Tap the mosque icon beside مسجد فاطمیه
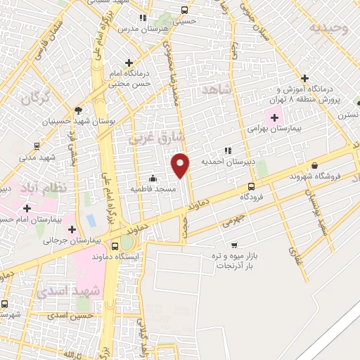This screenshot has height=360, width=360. (x=153, y=178)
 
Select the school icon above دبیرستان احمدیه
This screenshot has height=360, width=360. (x=227, y=150)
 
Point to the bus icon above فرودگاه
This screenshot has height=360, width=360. (x=252, y=186)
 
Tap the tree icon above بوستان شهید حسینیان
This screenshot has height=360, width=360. (x=78, y=110)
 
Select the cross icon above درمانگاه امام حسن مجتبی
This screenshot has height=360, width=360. (x=127, y=62)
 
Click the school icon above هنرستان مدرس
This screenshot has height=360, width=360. (x=143, y=18)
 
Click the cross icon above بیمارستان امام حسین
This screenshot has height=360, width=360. (x=27, y=208)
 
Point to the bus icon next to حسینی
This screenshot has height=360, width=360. (x=184, y=11)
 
